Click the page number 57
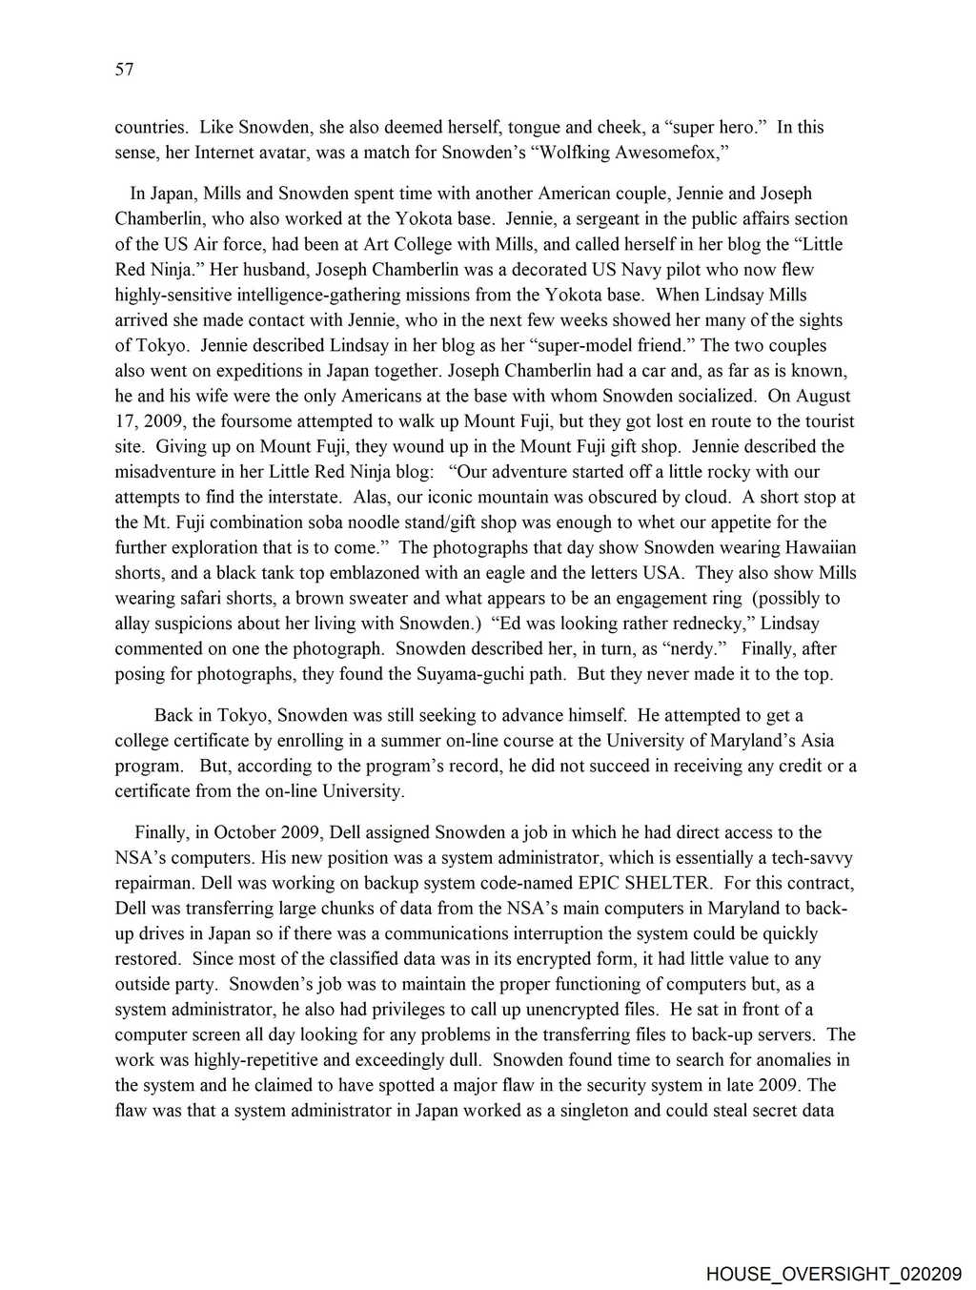point(124,70)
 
